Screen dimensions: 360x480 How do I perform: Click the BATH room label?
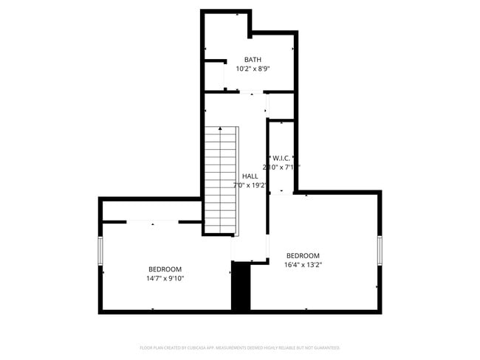[x=253, y=60]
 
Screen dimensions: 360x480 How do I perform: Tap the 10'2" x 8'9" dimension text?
[x=253, y=69]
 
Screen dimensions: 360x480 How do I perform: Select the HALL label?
[x=250, y=176]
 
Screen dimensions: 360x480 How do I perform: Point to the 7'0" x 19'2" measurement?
[x=250, y=185]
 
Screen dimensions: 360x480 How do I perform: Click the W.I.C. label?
[x=283, y=158]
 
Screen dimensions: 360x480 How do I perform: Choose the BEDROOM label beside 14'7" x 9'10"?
[x=165, y=269]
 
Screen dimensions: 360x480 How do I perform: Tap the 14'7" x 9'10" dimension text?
[x=165, y=278]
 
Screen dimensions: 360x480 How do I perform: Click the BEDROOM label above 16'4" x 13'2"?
[x=303, y=255]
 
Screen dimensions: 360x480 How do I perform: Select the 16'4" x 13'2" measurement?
[x=303, y=264]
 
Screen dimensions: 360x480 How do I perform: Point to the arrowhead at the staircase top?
[x=220, y=129]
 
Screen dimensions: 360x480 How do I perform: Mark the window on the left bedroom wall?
[x=100, y=251]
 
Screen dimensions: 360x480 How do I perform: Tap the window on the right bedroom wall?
[x=380, y=251]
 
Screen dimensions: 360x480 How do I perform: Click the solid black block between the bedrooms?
[x=241, y=288]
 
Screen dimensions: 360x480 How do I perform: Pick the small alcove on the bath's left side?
[x=214, y=76]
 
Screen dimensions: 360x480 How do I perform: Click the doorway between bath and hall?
[x=252, y=93]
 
